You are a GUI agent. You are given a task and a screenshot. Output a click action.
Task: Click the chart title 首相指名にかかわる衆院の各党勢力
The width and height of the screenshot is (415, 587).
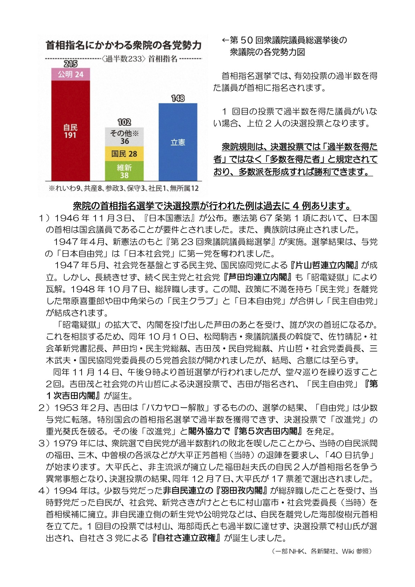click(123, 45)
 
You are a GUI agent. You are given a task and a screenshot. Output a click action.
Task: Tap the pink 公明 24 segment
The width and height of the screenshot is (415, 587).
click(70, 74)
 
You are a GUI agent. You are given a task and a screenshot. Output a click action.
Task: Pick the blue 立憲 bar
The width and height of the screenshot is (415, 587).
click(178, 142)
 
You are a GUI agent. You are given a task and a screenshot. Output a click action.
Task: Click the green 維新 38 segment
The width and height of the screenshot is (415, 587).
click(124, 171)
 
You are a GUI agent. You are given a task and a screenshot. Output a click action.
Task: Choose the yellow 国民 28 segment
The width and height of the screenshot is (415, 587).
click(124, 154)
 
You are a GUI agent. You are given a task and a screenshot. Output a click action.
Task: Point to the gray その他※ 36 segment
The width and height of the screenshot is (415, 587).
click(124, 137)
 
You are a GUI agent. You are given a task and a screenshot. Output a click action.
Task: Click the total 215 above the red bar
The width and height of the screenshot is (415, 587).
click(70, 64)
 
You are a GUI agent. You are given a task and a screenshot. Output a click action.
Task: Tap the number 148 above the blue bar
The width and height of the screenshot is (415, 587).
click(178, 98)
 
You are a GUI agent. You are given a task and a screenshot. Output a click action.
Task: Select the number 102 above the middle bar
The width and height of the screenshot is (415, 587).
click(124, 122)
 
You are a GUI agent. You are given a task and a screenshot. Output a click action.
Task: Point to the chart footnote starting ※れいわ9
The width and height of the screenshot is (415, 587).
click(123, 188)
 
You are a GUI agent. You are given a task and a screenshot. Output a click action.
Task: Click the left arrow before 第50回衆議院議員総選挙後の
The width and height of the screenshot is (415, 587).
click(225, 40)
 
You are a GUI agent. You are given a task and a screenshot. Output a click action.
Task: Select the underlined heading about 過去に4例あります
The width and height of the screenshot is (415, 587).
click(212, 206)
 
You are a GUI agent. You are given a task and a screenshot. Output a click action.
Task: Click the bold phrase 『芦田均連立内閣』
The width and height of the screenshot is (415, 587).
click(258, 277)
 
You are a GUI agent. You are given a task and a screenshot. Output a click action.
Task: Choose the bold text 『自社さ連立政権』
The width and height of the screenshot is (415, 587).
click(186, 538)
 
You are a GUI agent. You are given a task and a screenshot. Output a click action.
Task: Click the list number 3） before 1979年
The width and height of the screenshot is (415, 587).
click(45, 443)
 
